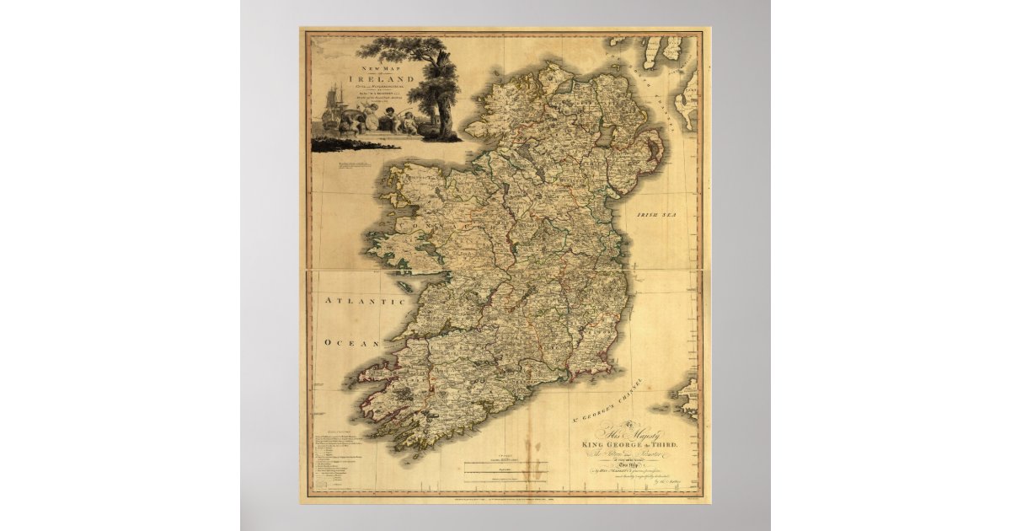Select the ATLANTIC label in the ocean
(354, 302)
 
